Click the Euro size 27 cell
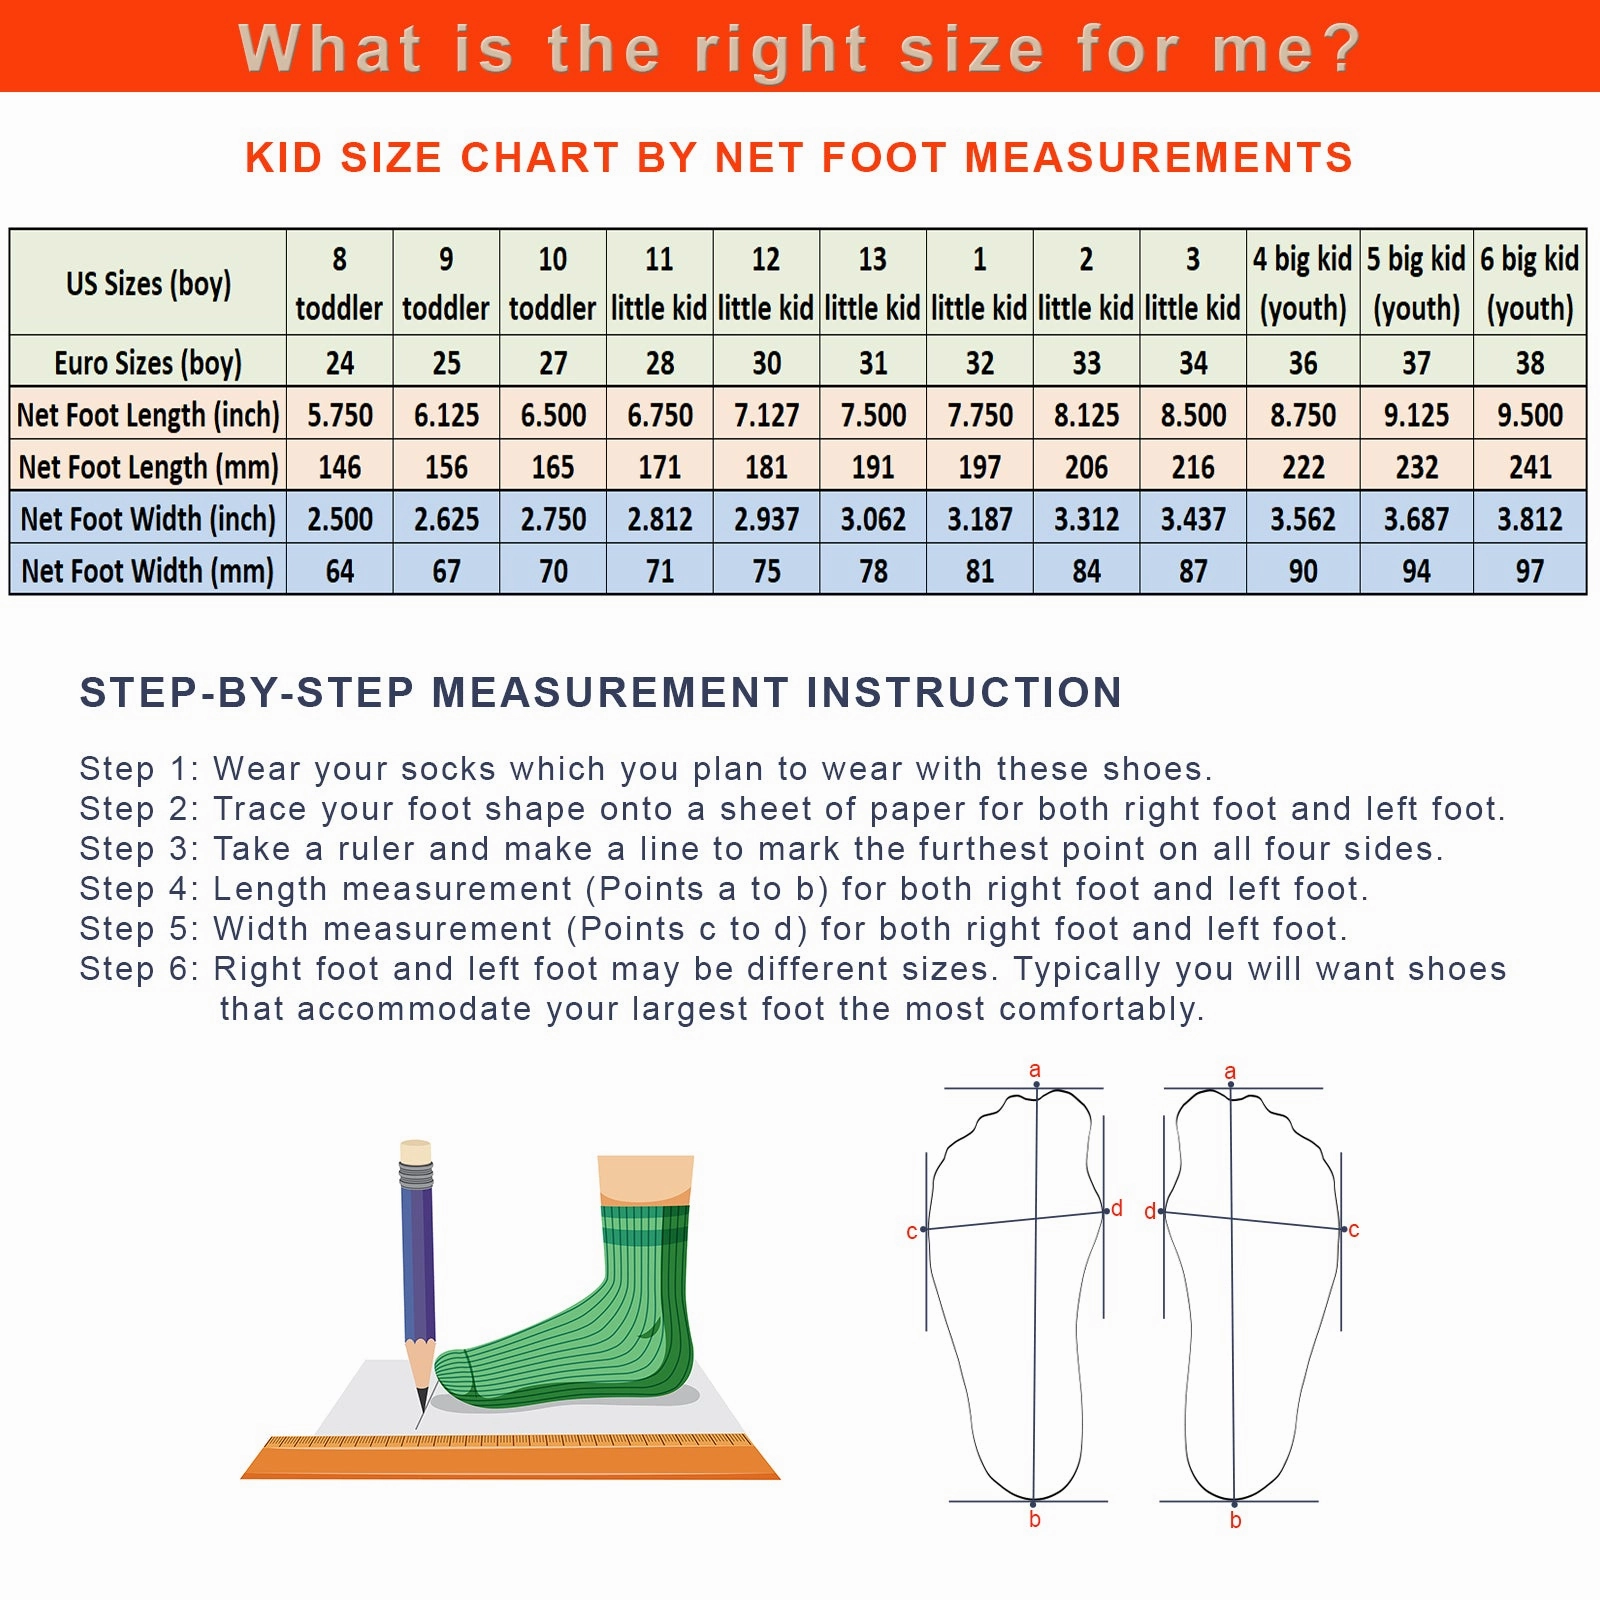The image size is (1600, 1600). [x=553, y=362]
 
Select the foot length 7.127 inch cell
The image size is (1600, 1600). [x=766, y=414]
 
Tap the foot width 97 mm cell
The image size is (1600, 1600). [x=1530, y=570]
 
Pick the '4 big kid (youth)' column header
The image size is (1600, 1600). [x=1303, y=283]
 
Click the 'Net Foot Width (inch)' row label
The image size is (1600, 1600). [x=148, y=518]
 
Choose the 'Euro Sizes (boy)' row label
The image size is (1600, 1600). [x=148, y=362]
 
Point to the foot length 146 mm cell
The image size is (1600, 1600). [x=340, y=466]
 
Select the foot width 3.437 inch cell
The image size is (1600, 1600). [x=1193, y=518]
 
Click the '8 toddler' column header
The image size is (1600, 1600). [x=340, y=283]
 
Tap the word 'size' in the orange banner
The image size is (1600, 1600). [x=972, y=48]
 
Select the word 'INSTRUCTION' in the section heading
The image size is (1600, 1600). [x=964, y=692]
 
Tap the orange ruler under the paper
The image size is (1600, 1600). [x=510, y=1457]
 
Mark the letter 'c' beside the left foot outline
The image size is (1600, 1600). [x=911, y=1232]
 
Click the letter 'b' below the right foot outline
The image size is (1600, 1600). [x=1235, y=1520]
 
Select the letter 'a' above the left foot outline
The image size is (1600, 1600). [x=1035, y=1070]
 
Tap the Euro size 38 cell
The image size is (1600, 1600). [x=1530, y=362]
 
